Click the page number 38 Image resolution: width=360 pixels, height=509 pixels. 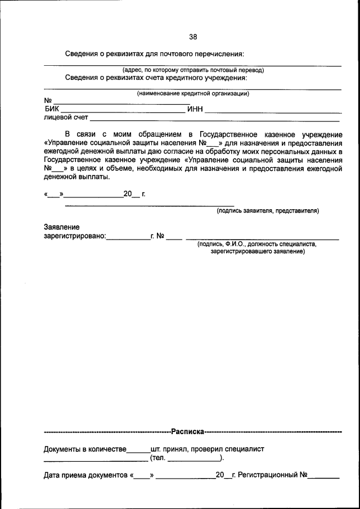(193, 37)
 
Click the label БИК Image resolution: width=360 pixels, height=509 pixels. (51, 109)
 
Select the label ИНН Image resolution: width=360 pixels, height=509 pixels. (195, 109)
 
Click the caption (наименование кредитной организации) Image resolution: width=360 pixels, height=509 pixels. (193, 93)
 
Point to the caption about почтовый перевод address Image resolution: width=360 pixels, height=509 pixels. (193, 70)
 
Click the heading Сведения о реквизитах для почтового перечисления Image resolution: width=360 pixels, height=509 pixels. (154, 54)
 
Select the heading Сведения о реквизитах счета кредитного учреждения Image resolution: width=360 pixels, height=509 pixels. (156, 78)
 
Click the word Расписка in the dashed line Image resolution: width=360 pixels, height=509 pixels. (188, 432)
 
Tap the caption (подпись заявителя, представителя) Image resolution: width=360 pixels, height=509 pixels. (268, 211)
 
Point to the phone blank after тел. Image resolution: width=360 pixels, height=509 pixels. (193, 461)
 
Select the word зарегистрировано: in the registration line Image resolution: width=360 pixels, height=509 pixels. (75, 237)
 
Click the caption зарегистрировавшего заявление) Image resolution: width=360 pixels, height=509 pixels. (258, 251)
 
